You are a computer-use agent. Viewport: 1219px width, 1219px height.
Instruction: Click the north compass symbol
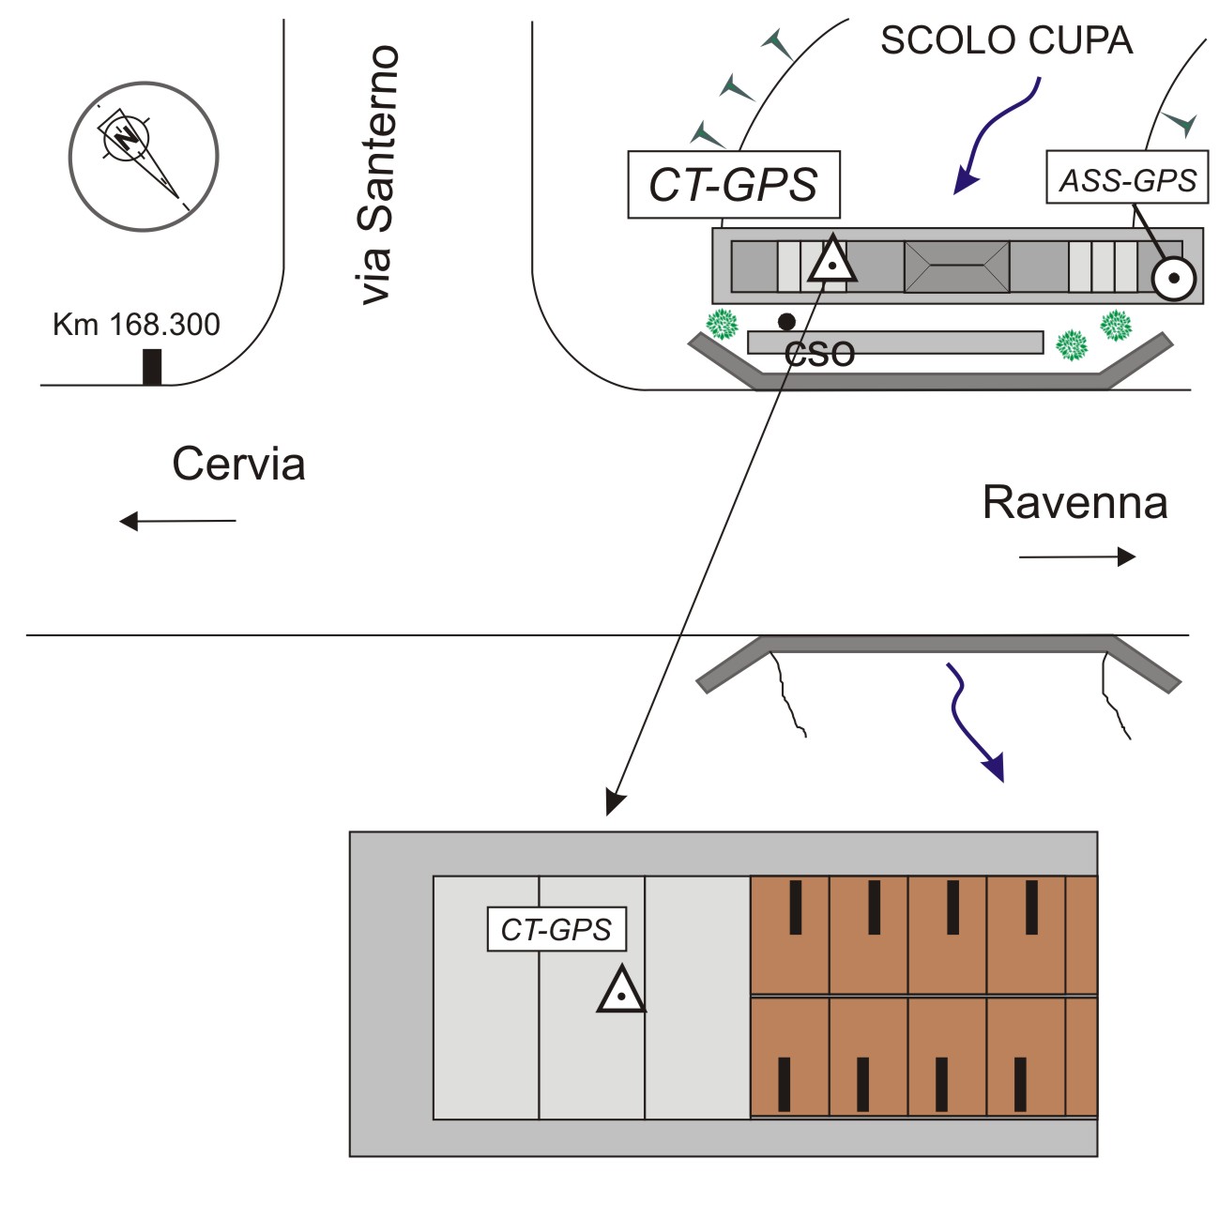[143, 156]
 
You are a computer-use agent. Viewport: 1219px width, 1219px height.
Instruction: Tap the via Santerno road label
[378, 175]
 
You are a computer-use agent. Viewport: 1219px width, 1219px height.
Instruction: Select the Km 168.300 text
[136, 325]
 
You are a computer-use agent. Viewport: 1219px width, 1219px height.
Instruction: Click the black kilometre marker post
[152, 367]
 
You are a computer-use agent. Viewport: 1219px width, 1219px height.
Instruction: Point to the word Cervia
[238, 465]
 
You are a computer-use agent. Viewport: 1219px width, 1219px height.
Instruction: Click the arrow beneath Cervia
[177, 521]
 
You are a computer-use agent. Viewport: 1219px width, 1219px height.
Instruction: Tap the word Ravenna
[1074, 503]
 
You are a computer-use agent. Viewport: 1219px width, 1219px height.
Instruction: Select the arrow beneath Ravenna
[1077, 557]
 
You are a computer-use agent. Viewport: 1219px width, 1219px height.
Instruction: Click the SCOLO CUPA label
[1006, 40]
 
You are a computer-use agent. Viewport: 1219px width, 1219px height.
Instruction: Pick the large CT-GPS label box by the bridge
[734, 185]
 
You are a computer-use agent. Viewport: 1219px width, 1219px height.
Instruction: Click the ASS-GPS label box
[1127, 178]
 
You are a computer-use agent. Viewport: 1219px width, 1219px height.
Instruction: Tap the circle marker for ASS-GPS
[1173, 278]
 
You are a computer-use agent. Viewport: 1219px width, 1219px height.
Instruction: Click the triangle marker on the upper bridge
[831, 263]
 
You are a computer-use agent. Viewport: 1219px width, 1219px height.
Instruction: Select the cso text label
[819, 354]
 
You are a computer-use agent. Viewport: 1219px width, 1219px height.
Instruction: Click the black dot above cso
[786, 322]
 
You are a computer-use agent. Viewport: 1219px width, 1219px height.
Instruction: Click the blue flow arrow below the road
[973, 724]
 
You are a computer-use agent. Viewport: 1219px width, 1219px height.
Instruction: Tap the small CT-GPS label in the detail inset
[556, 929]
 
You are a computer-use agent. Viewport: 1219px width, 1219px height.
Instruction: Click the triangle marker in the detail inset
[621, 991]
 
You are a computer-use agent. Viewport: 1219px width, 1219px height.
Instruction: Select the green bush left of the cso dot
[723, 324]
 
